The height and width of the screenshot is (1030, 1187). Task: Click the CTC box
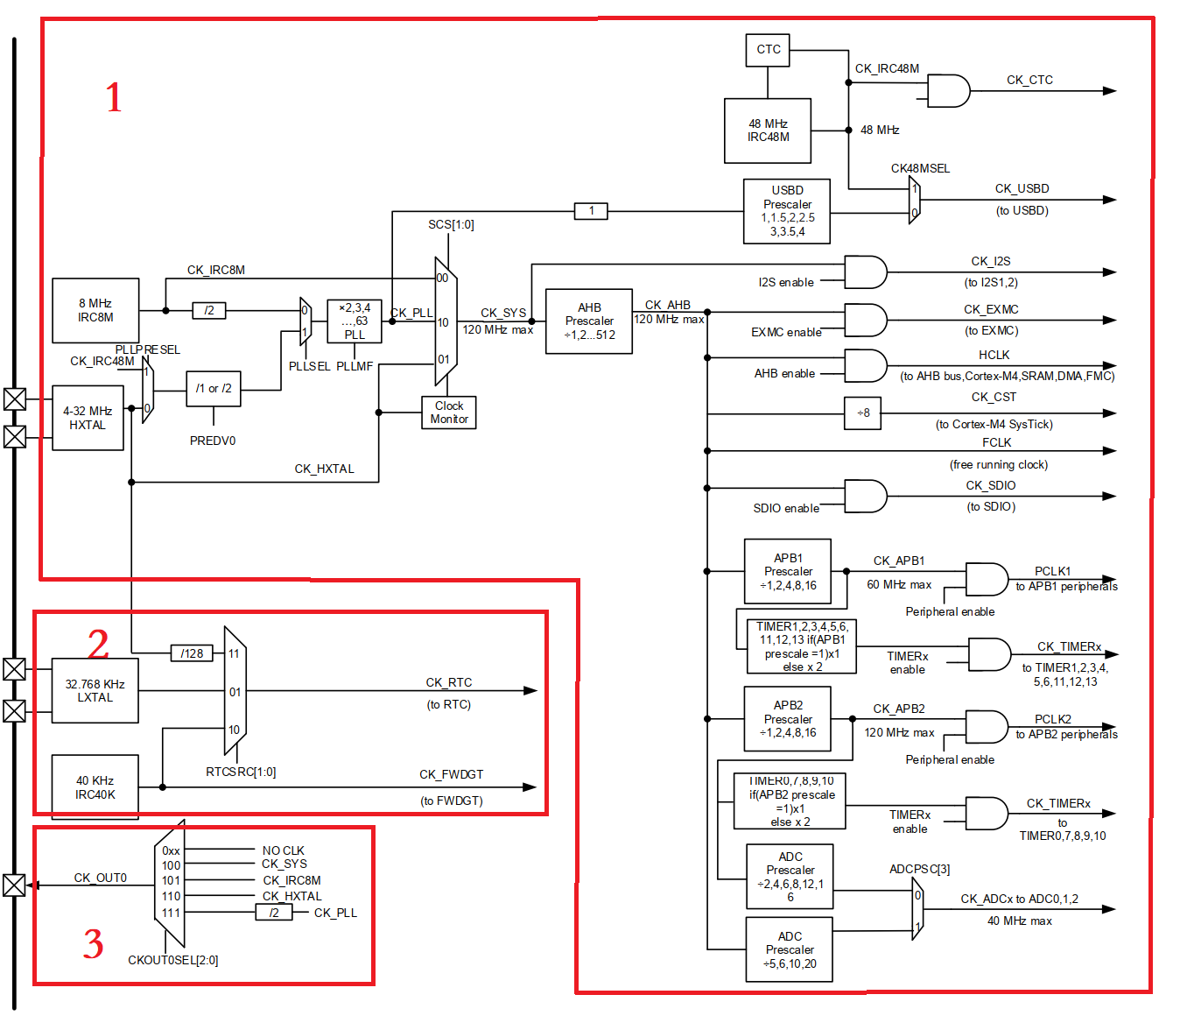point(768,50)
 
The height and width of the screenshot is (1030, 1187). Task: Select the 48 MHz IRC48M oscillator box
point(768,131)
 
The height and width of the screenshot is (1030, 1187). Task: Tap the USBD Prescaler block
point(787,211)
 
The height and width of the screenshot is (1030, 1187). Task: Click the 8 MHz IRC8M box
point(95,311)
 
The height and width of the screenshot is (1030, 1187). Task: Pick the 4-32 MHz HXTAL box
point(88,418)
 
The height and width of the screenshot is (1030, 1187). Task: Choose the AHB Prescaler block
point(589,321)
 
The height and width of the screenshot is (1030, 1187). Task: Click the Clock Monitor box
point(449,413)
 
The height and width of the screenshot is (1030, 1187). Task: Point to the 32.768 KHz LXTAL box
point(95,691)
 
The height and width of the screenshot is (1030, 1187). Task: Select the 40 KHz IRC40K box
point(95,787)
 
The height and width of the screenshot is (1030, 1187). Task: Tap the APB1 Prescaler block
point(788,571)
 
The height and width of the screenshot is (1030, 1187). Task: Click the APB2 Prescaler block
point(788,719)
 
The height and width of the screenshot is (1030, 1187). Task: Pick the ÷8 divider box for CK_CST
point(863,413)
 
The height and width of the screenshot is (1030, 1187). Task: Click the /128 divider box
point(192,653)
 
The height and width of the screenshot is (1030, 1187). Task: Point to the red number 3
point(94,944)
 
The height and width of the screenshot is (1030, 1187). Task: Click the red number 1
point(114,97)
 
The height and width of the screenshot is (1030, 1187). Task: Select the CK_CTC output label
point(1029,80)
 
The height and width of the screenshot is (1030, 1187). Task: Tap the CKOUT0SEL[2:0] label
point(173,960)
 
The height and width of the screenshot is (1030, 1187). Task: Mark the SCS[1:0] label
point(451,225)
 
